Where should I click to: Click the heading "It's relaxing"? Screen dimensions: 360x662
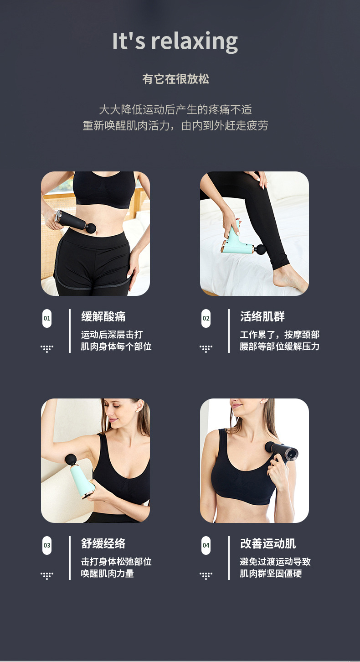pos(175,41)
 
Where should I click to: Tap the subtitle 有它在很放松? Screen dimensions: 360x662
pos(176,79)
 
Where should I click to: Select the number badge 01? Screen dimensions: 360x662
pos(47,318)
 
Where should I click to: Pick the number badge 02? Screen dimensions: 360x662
pos(206,318)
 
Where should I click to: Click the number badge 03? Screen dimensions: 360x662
pos(47,545)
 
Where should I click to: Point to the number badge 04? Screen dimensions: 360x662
pos(206,545)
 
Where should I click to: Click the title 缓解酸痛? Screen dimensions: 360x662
pos(103,316)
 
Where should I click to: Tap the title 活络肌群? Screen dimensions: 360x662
pos(262,316)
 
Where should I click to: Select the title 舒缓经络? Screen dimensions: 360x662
pos(103,543)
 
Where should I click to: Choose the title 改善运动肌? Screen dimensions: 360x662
pos(268,543)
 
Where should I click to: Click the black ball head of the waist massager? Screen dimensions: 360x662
pos(91,228)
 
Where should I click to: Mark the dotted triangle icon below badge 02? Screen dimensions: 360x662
pos(206,348)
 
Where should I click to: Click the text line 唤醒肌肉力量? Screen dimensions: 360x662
pos(108,574)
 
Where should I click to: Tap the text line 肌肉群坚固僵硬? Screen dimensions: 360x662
pos(271,574)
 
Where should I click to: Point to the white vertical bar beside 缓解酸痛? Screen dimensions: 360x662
pos(70,331)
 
